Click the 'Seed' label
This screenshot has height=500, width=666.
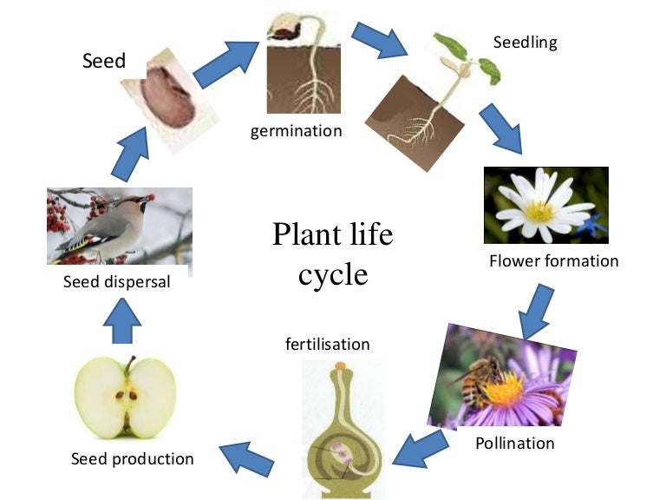pyautogui.click(x=104, y=61)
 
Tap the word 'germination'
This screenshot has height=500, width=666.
pyautogui.click(x=297, y=131)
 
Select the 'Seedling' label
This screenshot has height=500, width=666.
pyautogui.click(x=525, y=42)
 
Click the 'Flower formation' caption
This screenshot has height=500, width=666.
pyautogui.click(x=554, y=260)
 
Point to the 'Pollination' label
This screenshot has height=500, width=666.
pyautogui.click(x=514, y=443)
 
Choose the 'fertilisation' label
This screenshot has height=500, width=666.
pyautogui.click(x=328, y=344)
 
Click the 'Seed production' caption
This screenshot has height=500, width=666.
pyautogui.click(x=133, y=457)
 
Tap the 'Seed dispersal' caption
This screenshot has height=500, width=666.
pyautogui.click(x=116, y=282)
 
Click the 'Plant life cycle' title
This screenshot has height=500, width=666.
pyautogui.click(x=333, y=253)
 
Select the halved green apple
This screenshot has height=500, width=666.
pyautogui.click(x=125, y=398)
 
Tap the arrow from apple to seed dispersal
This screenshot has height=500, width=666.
pyautogui.click(x=121, y=323)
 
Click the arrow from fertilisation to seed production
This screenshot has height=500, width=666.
pyautogui.click(x=247, y=457)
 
